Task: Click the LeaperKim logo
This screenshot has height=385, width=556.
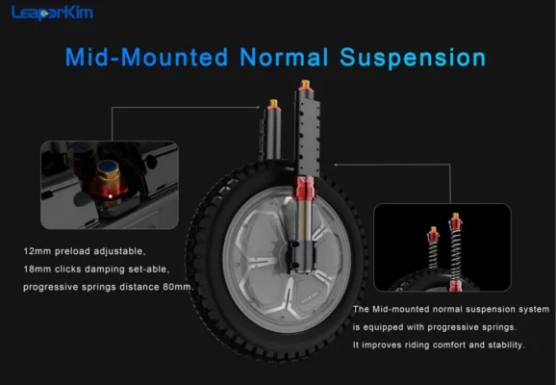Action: click(x=52, y=13)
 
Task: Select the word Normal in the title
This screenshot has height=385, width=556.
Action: click(x=284, y=57)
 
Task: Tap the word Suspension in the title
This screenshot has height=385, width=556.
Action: click(x=413, y=58)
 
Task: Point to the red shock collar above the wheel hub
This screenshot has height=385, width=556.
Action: click(x=304, y=188)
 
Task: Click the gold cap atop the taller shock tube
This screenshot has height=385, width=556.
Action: click(x=305, y=85)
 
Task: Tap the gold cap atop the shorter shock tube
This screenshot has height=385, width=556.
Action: click(x=273, y=103)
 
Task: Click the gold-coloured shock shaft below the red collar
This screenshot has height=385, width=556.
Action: click(x=304, y=218)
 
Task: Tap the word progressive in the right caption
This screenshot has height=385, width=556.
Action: click(x=443, y=327)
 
